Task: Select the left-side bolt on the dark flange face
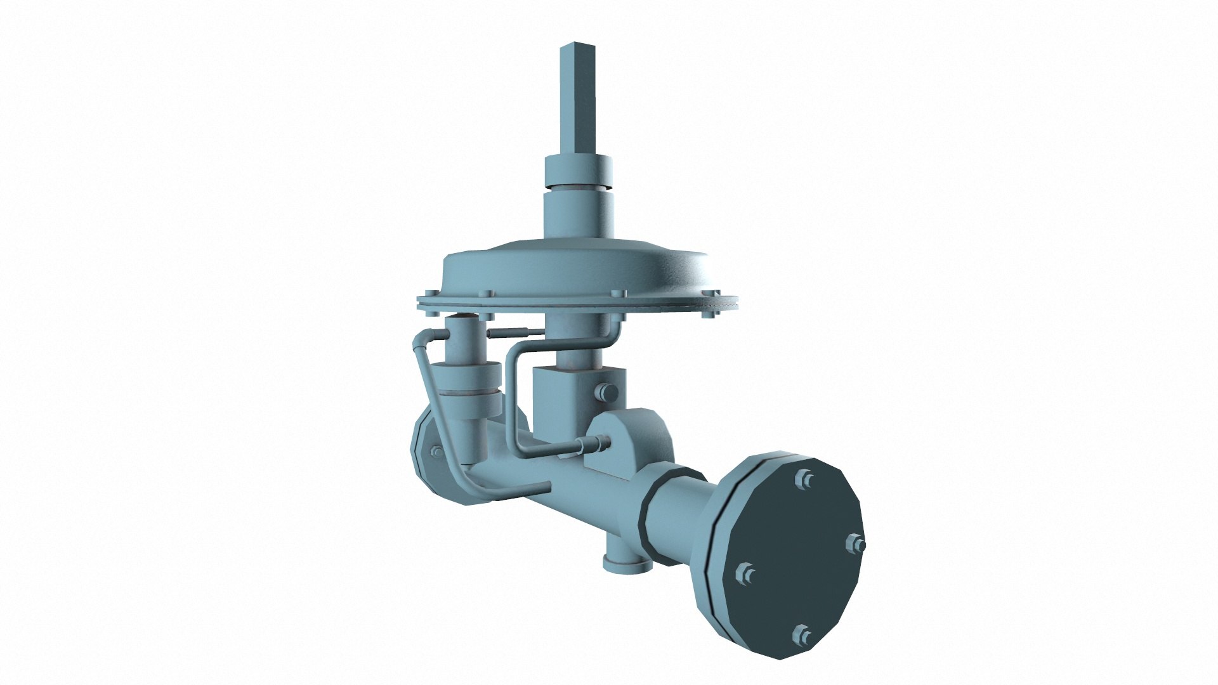(x=746, y=574)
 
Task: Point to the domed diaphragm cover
(x=574, y=266)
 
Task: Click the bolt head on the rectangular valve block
(x=606, y=393)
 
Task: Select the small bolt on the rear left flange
(x=436, y=452)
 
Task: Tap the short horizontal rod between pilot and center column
(x=514, y=331)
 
